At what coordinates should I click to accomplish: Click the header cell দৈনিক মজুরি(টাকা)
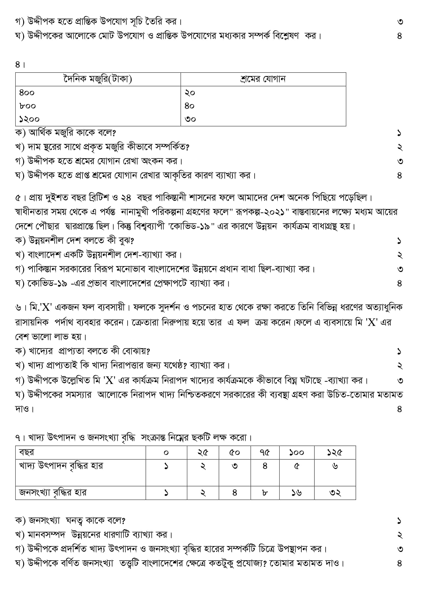tap(98, 79)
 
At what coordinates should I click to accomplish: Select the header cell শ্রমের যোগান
tap(263, 79)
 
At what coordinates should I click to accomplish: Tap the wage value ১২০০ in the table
tap(29, 119)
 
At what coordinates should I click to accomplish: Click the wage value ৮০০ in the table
tap(27, 106)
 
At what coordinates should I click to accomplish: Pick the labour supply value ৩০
tap(190, 119)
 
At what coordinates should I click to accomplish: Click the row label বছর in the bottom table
tap(26, 452)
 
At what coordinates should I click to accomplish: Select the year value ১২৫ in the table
tap(334, 452)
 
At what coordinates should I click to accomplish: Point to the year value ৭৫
tap(264, 452)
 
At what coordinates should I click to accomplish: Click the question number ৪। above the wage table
tap(20, 65)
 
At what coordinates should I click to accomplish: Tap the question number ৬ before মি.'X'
tap(18, 308)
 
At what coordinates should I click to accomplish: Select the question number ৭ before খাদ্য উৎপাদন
tap(18, 438)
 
